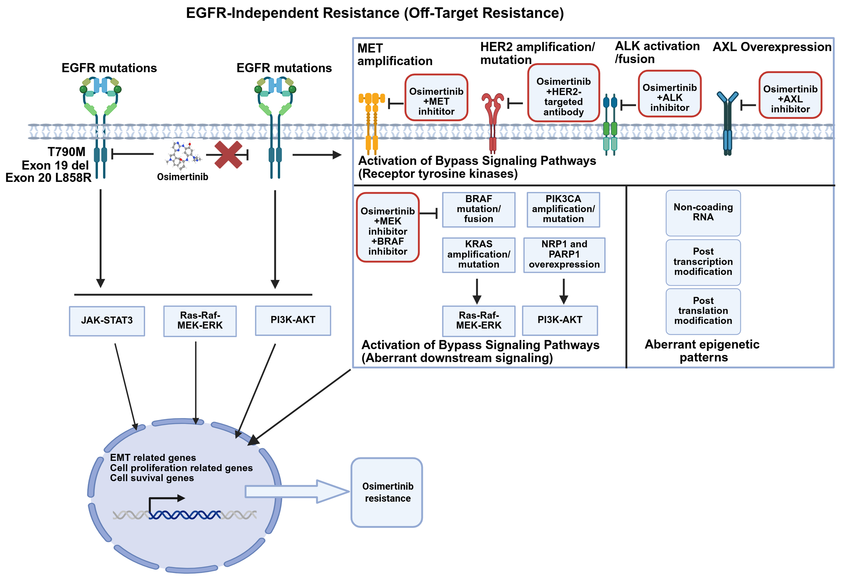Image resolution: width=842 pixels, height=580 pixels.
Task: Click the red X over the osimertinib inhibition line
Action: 228,155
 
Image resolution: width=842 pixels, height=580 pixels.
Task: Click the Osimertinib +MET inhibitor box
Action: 436,97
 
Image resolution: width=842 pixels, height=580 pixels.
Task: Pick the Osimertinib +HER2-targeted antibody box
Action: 563,93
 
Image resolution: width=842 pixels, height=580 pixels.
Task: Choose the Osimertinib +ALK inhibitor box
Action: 669,94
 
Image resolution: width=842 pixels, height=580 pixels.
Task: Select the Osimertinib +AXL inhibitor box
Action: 790,95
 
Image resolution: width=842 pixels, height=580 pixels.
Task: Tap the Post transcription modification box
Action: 703,262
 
